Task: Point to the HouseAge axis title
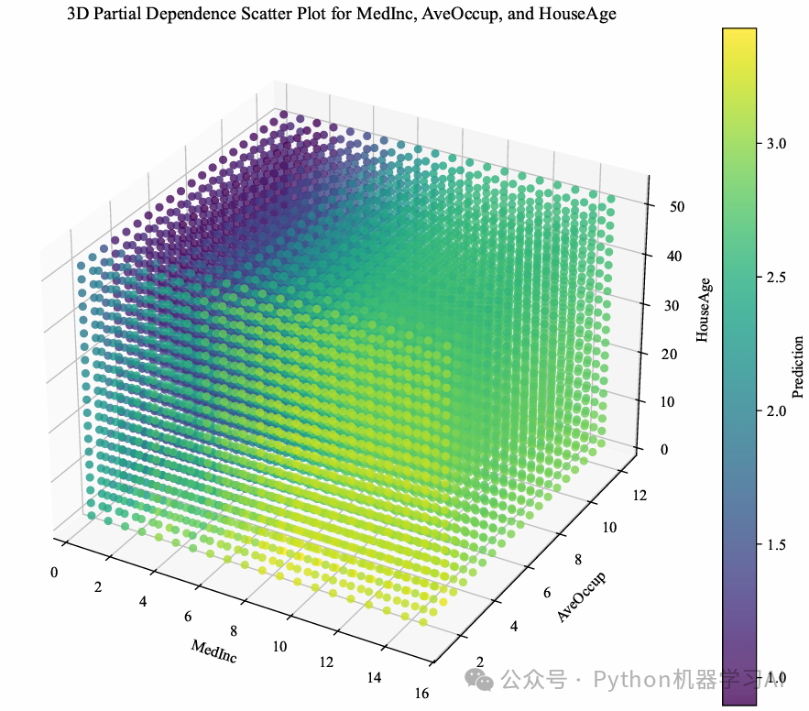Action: click(x=704, y=310)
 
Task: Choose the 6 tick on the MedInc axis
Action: click(x=188, y=616)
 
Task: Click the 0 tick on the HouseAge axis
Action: click(x=663, y=449)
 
